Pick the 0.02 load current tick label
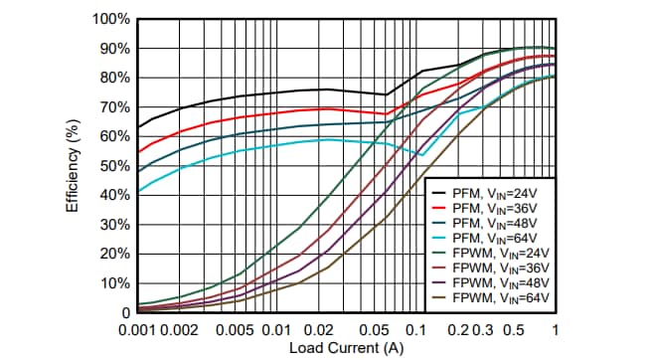tap(318, 329)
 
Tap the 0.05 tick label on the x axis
tap(374, 329)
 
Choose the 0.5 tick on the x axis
tap(513, 329)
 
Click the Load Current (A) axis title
tap(347, 348)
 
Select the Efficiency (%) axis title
tap(73, 166)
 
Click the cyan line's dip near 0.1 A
tap(421, 155)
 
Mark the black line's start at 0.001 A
tap(138, 127)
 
